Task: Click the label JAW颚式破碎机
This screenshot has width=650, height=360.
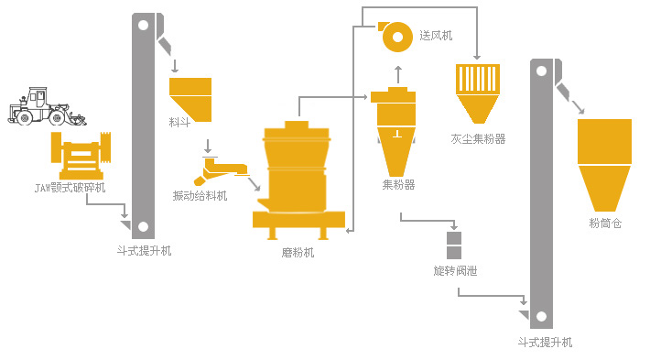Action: coord(70,188)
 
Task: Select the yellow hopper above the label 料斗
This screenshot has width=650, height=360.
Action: coord(190,97)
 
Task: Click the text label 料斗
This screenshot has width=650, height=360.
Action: coord(179,122)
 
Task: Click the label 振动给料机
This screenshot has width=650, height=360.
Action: coord(200,195)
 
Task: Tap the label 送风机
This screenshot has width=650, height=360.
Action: coord(436,37)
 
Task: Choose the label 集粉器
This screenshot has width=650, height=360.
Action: coord(398,185)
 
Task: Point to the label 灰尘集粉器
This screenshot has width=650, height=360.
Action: coord(478,139)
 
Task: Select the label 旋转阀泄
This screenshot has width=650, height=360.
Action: coord(455,271)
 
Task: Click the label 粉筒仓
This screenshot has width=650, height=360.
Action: coord(605,223)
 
